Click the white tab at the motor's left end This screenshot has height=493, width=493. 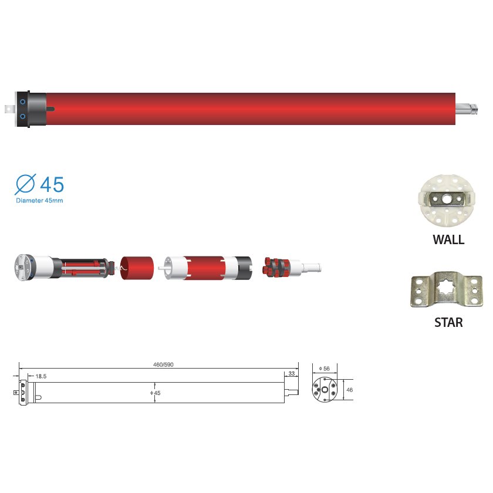point(10,109)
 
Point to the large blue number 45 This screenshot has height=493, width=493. point(52,184)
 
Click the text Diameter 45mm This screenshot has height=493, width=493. point(39,201)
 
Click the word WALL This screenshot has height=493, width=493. point(448,239)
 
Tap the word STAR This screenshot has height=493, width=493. point(448,323)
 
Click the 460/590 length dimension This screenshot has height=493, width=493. point(163,364)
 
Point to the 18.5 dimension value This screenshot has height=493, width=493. point(41,375)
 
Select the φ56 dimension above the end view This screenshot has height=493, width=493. point(324,368)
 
